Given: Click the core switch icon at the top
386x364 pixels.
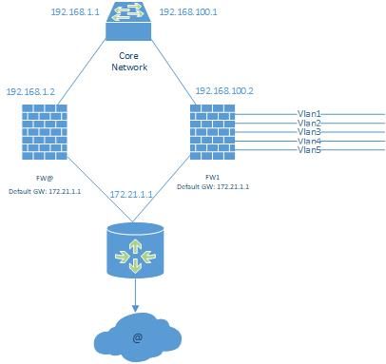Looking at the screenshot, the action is (x=128, y=21).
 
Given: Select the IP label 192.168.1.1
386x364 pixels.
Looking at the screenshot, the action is (x=75, y=12).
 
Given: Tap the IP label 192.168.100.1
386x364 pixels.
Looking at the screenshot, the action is (x=188, y=12).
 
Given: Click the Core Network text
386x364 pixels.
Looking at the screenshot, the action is (x=129, y=62).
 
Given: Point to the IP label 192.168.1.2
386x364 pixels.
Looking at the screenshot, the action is (x=30, y=92).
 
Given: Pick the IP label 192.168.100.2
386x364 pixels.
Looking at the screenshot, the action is (x=224, y=91).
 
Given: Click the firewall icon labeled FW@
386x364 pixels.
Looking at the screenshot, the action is (x=45, y=132).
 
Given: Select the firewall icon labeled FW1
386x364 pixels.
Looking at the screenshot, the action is (x=212, y=132).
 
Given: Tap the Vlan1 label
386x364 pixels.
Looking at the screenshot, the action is (x=309, y=114).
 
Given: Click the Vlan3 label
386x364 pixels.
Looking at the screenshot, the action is (x=309, y=132).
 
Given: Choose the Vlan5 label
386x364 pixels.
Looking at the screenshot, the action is (x=309, y=150).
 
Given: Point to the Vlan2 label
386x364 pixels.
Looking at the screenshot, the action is (x=309, y=123).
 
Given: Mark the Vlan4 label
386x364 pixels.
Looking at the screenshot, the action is (x=309, y=141).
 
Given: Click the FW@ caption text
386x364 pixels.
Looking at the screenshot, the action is (x=45, y=179).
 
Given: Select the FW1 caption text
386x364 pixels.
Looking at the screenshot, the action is (x=213, y=177).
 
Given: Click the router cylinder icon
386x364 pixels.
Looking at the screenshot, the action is (x=135, y=250).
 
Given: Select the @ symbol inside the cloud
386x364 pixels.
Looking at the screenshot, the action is (x=138, y=337).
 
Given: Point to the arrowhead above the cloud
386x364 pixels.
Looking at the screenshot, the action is (x=135, y=308).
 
